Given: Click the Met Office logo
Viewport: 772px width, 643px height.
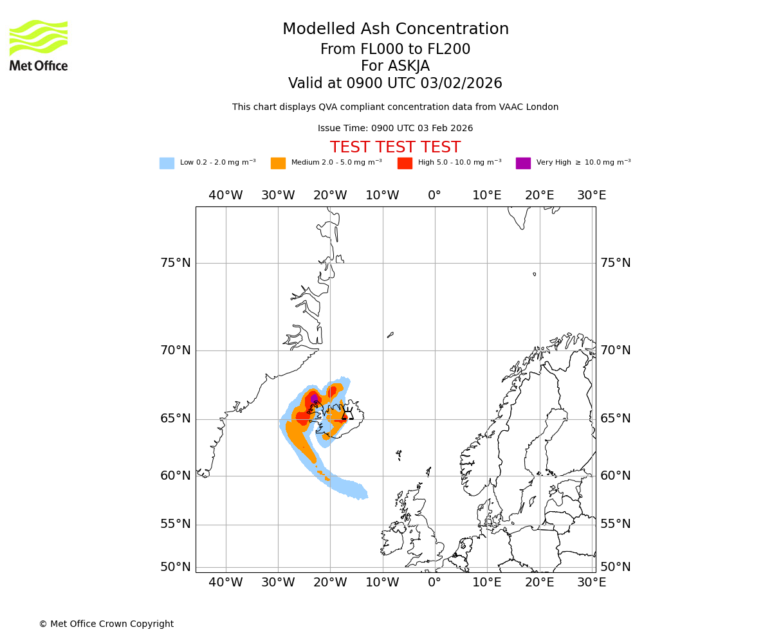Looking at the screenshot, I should (x=39, y=45).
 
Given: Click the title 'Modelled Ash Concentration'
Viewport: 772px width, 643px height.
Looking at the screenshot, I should (x=395, y=30).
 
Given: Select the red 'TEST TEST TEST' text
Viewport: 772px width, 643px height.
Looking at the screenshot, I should (x=395, y=147).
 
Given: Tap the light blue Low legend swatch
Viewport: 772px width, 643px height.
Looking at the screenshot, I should (x=167, y=163).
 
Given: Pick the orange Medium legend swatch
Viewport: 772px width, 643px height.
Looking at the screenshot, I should (x=278, y=163).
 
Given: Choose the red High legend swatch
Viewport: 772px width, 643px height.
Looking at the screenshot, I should (x=405, y=163).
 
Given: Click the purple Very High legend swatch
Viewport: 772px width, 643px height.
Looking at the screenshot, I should (x=523, y=163).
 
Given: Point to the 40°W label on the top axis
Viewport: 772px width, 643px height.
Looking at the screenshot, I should (x=226, y=195).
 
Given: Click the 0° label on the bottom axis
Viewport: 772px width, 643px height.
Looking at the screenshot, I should (x=435, y=583).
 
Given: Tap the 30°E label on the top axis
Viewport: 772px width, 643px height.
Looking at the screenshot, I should (x=591, y=195).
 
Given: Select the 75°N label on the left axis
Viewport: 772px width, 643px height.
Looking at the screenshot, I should (x=176, y=263).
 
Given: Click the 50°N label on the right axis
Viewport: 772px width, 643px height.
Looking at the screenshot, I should (x=615, y=567).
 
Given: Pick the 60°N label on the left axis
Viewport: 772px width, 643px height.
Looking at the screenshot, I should (x=176, y=476).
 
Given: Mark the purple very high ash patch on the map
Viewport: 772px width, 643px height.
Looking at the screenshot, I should (x=314, y=399).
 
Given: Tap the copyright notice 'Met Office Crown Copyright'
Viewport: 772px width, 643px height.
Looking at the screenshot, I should (x=106, y=624).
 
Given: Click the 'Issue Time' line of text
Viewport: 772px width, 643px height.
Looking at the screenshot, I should (x=395, y=128).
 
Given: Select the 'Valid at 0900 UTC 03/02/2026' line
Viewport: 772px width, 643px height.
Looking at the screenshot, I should (x=395, y=84).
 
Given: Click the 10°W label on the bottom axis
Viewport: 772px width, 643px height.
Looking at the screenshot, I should (x=382, y=583).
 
